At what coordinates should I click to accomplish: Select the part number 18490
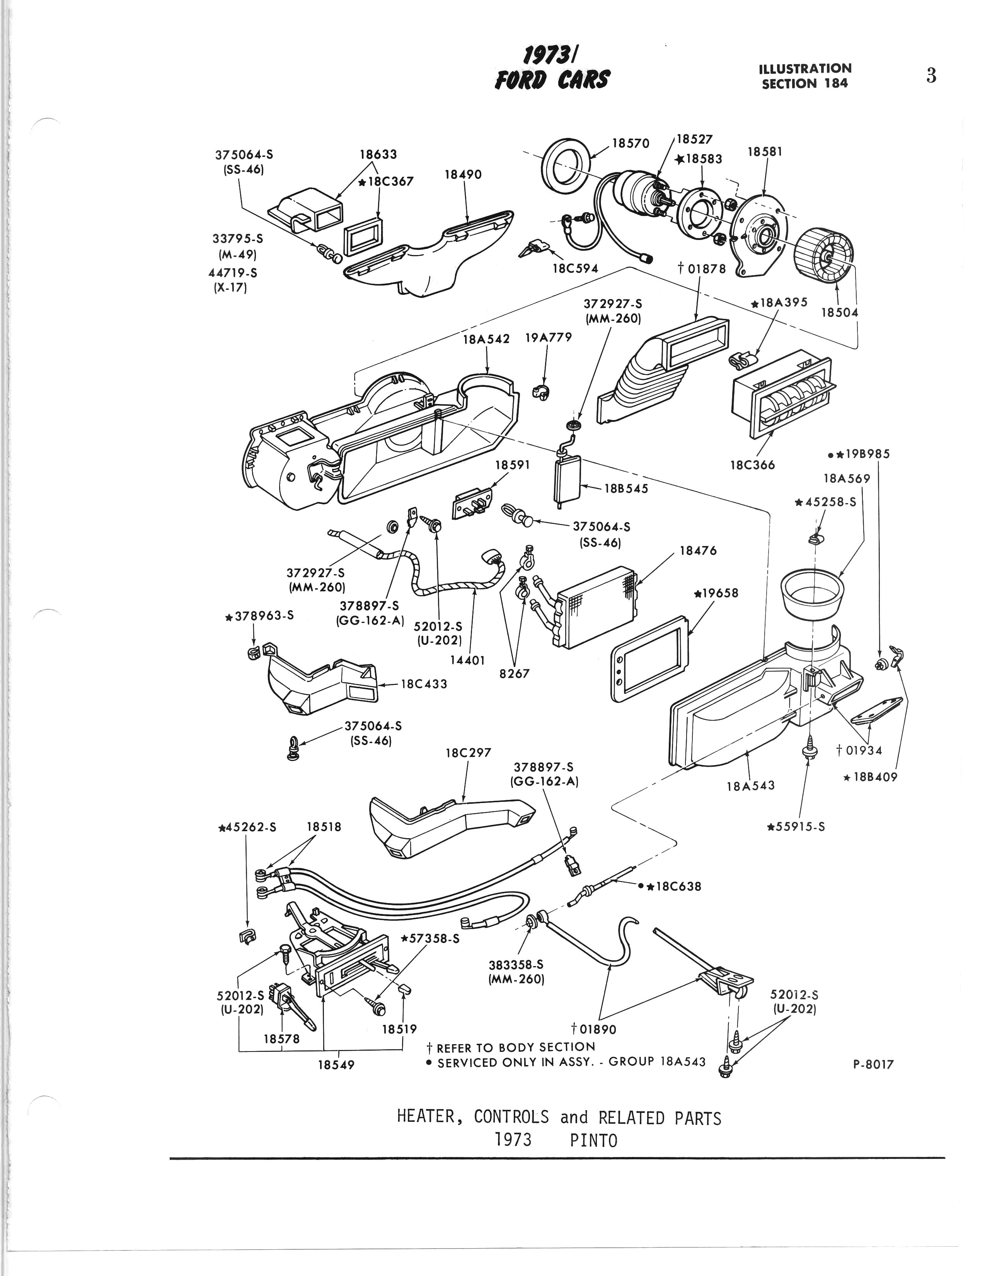[x=463, y=175]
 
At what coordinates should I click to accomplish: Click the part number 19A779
[x=548, y=338]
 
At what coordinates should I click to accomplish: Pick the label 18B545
[x=626, y=488]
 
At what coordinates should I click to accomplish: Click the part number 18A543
[x=751, y=786]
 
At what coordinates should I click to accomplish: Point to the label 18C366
[x=752, y=465]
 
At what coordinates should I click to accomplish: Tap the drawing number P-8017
[x=873, y=1065]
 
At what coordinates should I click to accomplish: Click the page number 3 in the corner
[x=931, y=76]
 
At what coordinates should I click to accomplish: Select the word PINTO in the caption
[x=593, y=1140]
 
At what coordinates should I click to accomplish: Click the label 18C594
[x=576, y=268]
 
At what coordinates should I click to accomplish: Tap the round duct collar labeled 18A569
[x=813, y=596]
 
